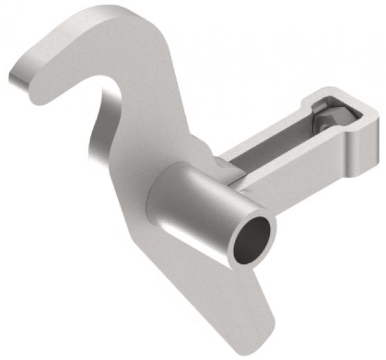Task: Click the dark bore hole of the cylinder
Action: (x=253, y=238)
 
